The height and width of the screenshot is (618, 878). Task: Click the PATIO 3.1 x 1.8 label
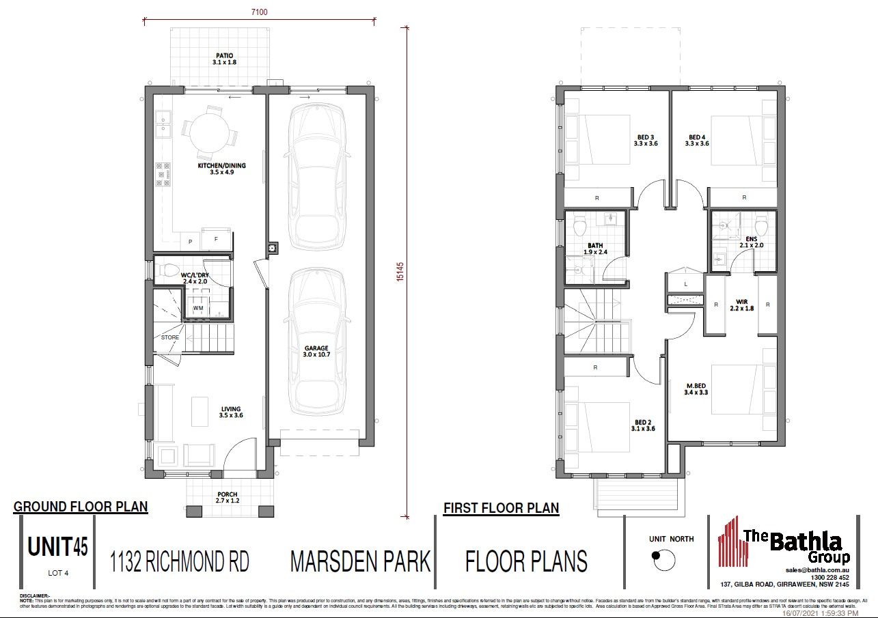pyautogui.click(x=224, y=59)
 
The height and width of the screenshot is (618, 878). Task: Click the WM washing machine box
pyautogui.click(x=198, y=308)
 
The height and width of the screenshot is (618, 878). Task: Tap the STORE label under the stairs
pyautogui.click(x=170, y=337)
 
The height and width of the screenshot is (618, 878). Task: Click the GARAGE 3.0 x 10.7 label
pyautogui.click(x=316, y=352)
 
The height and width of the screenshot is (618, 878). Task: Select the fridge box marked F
pyautogui.click(x=216, y=240)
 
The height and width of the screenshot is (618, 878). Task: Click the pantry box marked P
pyautogui.click(x=190, y=242)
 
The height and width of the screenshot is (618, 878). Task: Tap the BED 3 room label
pyautogui.click(x=645, y=140)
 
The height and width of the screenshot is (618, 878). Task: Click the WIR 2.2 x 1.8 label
pyautogui.click(x=741, y=305)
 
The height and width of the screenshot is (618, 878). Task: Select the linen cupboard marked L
pyautogui.click(x=685, y=283)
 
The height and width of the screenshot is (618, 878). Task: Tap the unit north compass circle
pyautogui.click(x=662, y=560)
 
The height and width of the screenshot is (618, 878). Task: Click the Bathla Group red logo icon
pyautogui.click(x=728, y=550)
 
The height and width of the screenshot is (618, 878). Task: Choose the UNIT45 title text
pyautogui.click(x=57, y=547)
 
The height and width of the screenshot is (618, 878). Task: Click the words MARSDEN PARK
pyautogui.click(x=360, y=561)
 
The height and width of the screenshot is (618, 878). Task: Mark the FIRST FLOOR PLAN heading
pyautogui.click(x=501, y=508)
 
